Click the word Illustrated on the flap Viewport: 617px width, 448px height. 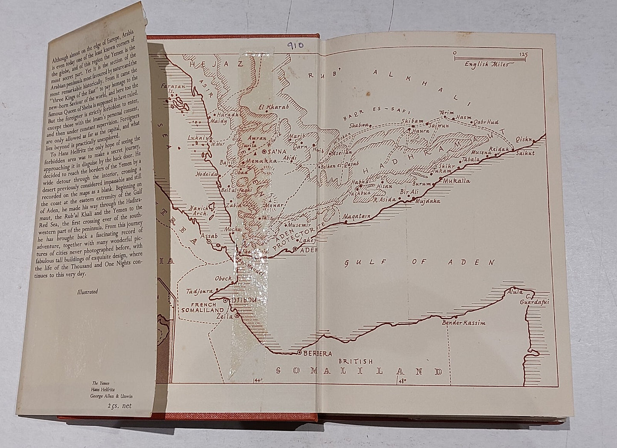(x=86, y=292)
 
